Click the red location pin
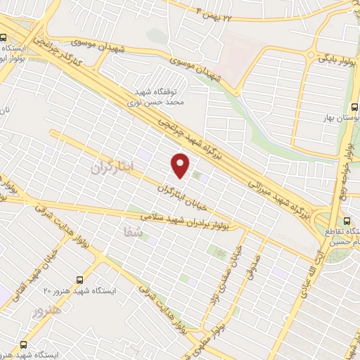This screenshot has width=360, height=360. click(x=181, y=165)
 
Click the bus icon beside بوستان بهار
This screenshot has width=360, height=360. click(x=354, y=107)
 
